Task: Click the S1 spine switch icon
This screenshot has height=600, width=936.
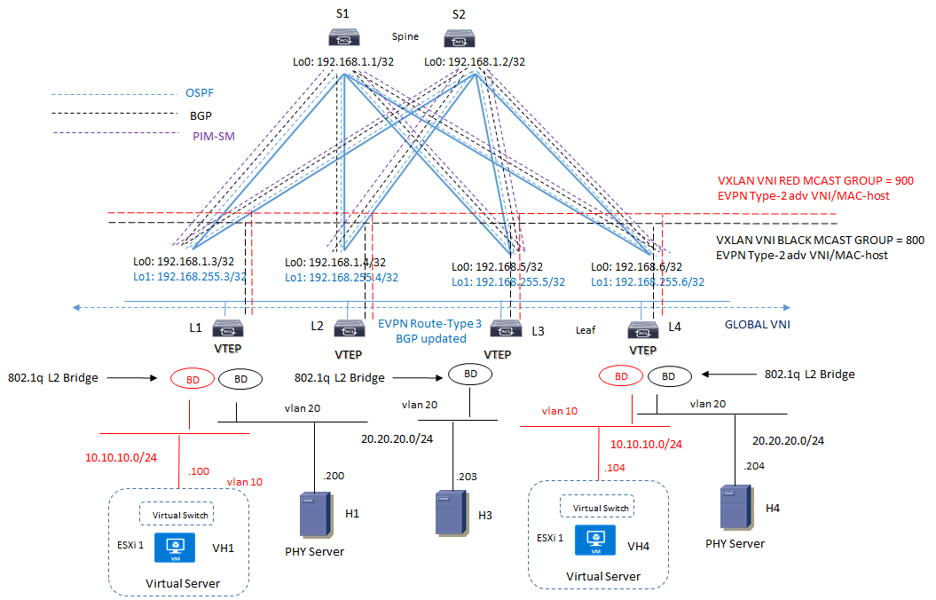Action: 342,37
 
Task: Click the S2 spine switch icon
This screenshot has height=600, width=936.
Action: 461,37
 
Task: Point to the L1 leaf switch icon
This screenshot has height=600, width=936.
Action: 228,329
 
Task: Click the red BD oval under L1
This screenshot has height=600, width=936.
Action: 193,379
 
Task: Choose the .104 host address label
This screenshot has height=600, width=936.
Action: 614,468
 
